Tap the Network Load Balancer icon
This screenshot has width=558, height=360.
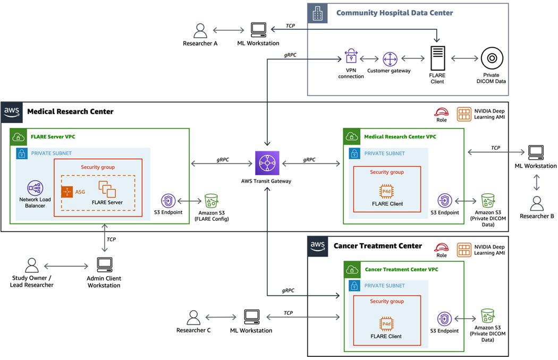36,187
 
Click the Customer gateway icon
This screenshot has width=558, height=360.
390,59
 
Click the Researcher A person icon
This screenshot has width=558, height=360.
200,30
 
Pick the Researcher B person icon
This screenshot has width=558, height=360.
537,203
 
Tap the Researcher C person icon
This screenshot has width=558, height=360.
193,318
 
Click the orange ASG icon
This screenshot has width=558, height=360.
67,192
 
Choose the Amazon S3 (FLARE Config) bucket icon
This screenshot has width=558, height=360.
212,201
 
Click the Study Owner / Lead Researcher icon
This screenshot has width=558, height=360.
32,265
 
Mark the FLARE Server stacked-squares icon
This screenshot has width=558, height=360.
107,190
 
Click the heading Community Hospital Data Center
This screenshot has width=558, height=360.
394,13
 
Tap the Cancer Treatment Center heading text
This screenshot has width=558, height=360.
377,246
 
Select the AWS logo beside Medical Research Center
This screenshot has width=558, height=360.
12,112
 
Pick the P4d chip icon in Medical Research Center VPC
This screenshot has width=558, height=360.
386,192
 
